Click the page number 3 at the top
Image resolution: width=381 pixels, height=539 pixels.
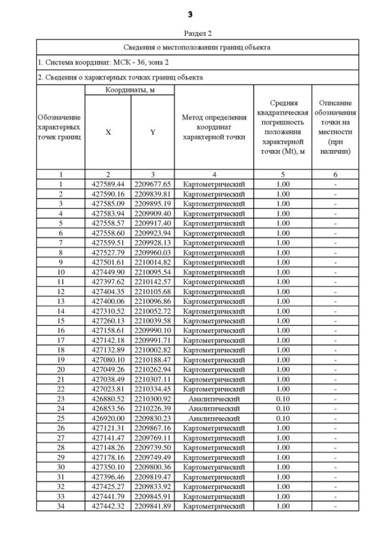coord(190,13)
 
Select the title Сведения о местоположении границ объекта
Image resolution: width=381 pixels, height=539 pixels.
coord(197,46)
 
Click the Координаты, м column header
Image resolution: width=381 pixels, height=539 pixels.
coord(129,90)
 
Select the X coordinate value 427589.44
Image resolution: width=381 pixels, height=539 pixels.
coord(108,184)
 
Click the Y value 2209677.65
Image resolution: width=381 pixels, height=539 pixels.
coord(152,184)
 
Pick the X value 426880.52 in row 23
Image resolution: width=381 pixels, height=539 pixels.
coord(108,399)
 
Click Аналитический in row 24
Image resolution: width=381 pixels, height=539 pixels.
coord(214,409)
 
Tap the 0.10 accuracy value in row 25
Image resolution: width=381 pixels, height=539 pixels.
coord(283,418)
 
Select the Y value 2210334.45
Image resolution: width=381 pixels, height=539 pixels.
coord(152,389)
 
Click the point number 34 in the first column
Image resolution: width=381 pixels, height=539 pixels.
coord(60,506)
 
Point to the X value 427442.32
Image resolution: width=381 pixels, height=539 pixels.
coord(108,506)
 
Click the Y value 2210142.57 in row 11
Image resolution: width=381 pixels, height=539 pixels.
coord(152,282)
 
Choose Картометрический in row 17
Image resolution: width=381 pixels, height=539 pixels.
coord(214,340)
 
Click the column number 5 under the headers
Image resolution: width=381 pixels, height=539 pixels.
coord(283,175)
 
